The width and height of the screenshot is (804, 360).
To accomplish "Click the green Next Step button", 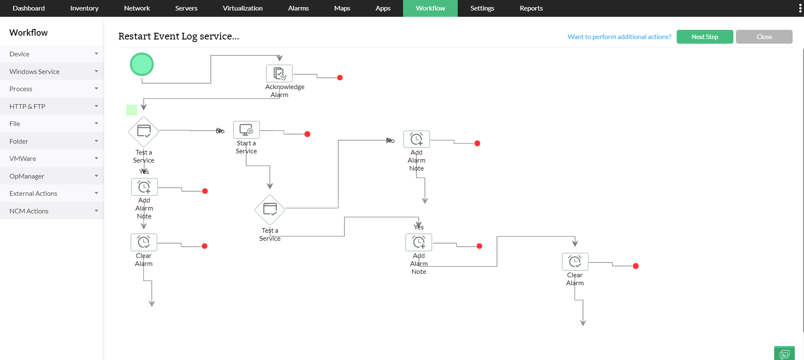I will [704, 37].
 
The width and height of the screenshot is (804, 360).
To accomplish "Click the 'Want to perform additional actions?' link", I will [619, 37].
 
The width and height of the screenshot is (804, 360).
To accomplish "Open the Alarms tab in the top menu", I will [298, 8].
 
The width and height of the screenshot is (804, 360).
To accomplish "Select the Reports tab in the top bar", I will [531, 8].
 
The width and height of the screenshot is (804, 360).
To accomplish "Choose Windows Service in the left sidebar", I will [34, 71].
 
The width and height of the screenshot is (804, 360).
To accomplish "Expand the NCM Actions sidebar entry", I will [29, 211].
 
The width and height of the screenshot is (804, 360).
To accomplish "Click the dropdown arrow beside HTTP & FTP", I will [96, 106].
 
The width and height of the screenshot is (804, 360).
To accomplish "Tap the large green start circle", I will [142, 64].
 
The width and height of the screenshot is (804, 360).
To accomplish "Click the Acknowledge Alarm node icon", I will [279, 74].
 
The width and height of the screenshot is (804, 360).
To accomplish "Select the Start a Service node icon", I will [246, 130].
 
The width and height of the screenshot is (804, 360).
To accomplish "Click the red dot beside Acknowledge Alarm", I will [340, 78].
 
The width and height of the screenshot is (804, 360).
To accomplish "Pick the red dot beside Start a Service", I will [307, 134].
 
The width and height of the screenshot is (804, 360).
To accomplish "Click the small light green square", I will [132, 110].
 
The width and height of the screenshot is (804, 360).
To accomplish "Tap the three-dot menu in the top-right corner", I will [800, 8].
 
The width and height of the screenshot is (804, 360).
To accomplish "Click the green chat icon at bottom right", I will [784, 353].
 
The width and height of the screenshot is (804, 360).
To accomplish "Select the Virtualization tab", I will [243, 8].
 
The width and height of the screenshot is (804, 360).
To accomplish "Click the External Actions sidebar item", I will [33, 193].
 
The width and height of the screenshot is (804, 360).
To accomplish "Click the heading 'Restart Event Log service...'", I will [179, 37].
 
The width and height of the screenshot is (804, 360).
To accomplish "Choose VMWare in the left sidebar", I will [23, 158].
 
